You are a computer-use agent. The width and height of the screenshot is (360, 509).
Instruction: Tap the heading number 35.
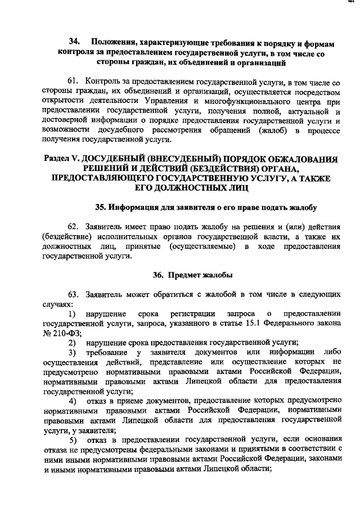pyautogui.click(x=101, y=207)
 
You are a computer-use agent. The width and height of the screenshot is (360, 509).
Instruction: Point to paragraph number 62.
pyautogui.click(x=74, y=227)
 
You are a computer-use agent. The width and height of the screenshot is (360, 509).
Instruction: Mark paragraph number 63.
pyautogui.click(x=74, y=294)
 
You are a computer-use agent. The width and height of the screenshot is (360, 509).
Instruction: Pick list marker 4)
pyautogui.click(x=73, y=400)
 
